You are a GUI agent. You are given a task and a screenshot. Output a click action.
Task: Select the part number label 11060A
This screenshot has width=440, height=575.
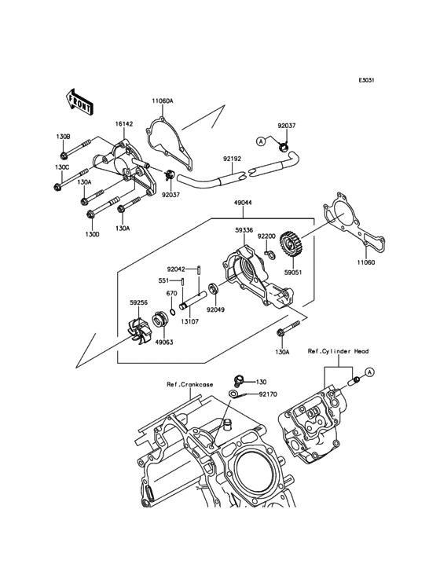[163, 101]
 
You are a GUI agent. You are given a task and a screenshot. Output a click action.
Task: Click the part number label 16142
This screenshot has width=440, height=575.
[124, 124]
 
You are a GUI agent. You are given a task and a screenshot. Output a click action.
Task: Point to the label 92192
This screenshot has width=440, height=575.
[233, 157]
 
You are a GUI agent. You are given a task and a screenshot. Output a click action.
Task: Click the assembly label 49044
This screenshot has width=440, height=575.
[243, 202]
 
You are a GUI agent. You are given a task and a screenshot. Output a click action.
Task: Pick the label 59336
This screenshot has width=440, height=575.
[244, 231]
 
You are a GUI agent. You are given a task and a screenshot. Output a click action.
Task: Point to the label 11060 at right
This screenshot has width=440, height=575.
[365, 263]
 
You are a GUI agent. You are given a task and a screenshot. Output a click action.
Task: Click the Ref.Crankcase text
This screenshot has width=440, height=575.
[189, 385]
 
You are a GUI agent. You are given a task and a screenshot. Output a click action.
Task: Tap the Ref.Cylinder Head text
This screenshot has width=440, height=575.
[338, 351]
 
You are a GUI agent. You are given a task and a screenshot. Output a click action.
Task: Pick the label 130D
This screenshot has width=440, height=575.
[93, 234]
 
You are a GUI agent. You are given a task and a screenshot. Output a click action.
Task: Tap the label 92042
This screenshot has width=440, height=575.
[175, 269]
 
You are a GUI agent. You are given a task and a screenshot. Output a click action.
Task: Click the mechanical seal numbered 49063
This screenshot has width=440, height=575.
[163, 342]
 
